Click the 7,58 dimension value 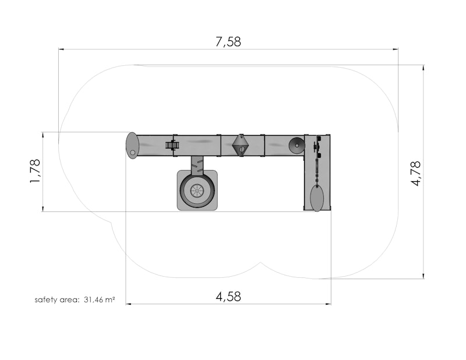[228, 42]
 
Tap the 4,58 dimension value [228, 297]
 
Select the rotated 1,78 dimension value [35, 171]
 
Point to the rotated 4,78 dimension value [416, 174]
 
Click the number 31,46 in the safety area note [91, 299]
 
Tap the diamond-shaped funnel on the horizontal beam [241, 145]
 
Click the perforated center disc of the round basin [197, 190]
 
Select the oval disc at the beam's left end [132, 145]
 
